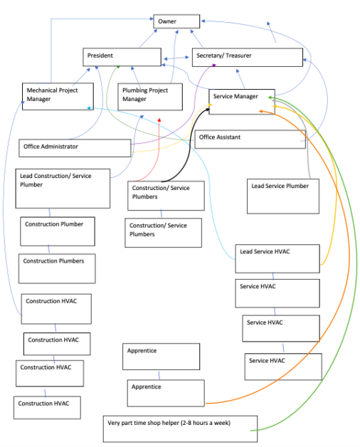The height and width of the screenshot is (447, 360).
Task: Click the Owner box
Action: coord(176,21)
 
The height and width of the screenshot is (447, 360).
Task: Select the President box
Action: coord(121,57)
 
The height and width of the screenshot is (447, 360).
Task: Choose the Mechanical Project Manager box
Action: coord(55,95)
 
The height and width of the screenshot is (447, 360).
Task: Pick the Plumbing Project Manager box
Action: coord(143,95)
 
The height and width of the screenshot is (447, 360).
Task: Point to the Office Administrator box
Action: coord(75,147)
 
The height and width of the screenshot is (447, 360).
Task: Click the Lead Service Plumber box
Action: coord(282,196)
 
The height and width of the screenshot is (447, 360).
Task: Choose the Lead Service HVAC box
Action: coord(277,258)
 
